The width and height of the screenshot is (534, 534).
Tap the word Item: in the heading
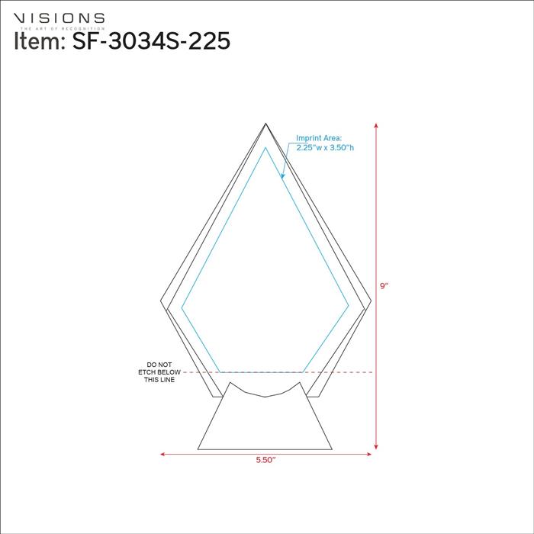[x=40, y=41]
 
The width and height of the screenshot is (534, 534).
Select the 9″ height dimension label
[x=384, y=286]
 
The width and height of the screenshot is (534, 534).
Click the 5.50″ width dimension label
[x=265, y=461]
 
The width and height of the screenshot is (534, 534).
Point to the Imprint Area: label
[x=320, y=139]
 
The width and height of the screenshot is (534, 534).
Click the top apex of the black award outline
[x=265, y=124]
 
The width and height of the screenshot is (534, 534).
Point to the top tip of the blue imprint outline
[x=265, y=148]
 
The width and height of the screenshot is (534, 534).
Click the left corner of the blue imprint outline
[x=182, y=307]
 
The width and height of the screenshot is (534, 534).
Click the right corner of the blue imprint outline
[x=349, y=307]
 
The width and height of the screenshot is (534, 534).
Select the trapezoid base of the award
[x=265, y=423]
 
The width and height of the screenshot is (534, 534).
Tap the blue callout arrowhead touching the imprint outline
[x=282, y=179]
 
